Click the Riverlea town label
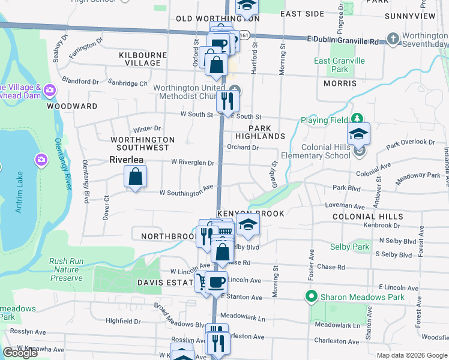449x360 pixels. (128, 160)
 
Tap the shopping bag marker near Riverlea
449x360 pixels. (135, 177)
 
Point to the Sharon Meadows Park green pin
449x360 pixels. (311, 296)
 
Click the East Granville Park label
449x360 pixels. (339, 65)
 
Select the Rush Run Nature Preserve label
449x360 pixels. (65, 269)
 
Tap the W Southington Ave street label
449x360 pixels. (186, 193)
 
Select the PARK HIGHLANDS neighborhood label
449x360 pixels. (261, 132)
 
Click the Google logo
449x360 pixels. (20, 353)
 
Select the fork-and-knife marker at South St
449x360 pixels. (228, 100)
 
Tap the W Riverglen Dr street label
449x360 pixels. (193, 162)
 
